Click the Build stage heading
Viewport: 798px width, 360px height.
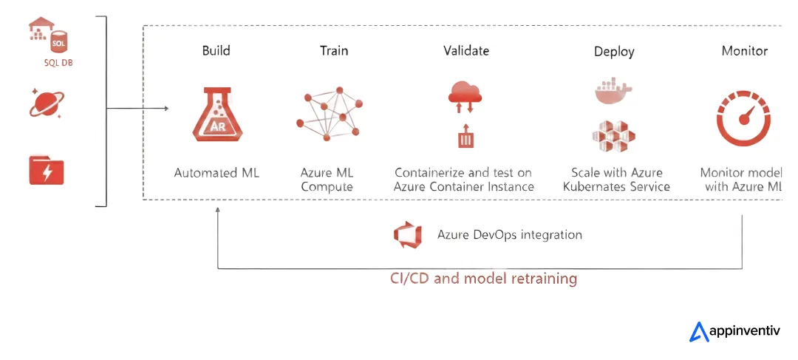coord(216,51)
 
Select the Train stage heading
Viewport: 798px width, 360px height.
coord(334,51)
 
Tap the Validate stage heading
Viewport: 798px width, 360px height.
coord(466,51)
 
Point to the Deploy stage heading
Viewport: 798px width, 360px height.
coord(614,52)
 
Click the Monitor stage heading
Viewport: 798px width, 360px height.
coord(744,51)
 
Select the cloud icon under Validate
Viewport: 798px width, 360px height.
coord(465,94)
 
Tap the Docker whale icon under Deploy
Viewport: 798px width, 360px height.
coord(614,90)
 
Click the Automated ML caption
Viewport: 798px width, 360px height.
coord(216,173)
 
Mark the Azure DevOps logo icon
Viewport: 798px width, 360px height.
coord(408,234)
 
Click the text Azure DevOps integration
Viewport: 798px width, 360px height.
coord(510,235)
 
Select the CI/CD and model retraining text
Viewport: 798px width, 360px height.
coord(483,279)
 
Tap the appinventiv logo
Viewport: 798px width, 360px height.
coord(735,332)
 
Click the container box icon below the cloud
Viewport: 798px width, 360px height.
coord(465,137)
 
